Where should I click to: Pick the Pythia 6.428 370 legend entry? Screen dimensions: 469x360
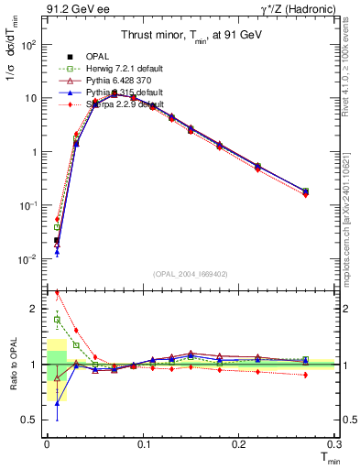click(105, 80)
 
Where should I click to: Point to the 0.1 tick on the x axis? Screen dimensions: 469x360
click(143, 446)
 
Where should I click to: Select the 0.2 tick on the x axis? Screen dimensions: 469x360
click(239, 446)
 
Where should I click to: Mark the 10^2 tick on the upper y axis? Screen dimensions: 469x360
click(29, 44)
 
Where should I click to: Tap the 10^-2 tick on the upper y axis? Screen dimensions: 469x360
click(29, 260)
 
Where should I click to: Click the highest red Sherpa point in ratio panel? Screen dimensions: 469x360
click(57, 294)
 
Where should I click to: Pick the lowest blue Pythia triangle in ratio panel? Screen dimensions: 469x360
click(57, 403)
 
